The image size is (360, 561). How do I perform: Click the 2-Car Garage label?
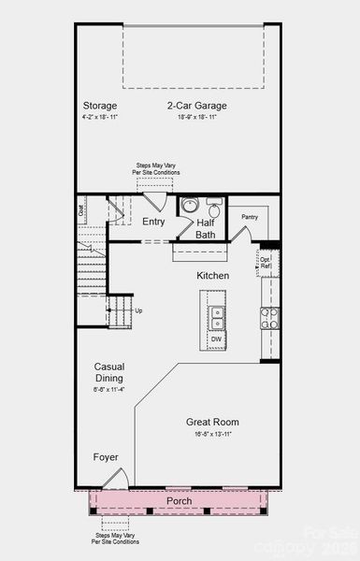[x=197, y=106]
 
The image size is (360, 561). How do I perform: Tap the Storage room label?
[x=100, y=106]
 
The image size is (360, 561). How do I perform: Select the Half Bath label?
[x=206, y=229]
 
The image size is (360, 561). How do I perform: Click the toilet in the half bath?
[x=214, y=208]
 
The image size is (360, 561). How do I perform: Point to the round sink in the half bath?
[x=189, y=207]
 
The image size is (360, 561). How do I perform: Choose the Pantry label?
[x=249, y=217]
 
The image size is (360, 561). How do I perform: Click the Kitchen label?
[x=212, y=276]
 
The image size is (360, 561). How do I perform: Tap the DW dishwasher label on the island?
[x=216, y=339]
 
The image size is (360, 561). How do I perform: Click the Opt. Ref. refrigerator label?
[x=266, y=262]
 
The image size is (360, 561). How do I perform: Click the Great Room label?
[x=213, y=422]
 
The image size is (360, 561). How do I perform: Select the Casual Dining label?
[x=110, y=372]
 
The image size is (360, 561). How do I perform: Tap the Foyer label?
[x=106, y=457]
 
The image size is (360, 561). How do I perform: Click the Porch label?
[x=180, y=500]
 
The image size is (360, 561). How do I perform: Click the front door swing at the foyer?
[x=115, y=480]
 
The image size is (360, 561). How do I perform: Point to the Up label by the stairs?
[x=139, y=309]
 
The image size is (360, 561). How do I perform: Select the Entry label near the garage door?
[x=153, y=222]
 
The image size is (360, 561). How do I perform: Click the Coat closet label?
[x=81, y=211]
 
